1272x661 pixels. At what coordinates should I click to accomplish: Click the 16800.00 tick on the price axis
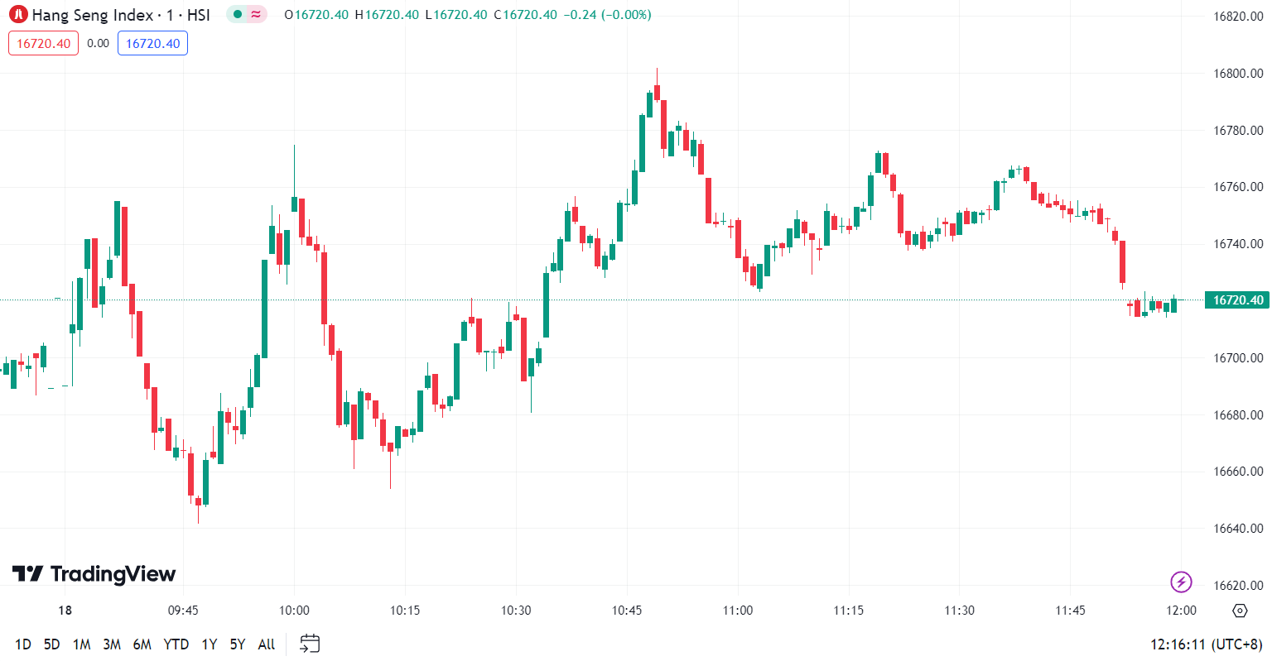click(1238, 74)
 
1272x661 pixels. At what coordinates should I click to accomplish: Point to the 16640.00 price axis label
click(1238, 529)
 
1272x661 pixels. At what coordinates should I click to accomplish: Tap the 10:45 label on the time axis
click(627, 611)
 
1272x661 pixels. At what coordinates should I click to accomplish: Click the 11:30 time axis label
click(960, 611)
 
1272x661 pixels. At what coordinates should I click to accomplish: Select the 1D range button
click(23, 644)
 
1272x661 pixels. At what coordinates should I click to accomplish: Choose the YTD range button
click(176, 644)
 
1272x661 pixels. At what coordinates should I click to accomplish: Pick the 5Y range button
click(238, 644)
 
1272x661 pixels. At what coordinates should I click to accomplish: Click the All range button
click(267, 644)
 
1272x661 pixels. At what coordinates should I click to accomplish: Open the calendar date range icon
click(310, 644)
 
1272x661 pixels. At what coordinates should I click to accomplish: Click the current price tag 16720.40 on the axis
click(1238, 300)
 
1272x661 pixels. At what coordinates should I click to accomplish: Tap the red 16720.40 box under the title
click(44, 44)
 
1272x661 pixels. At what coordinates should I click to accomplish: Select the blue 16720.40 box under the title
click(152, 44)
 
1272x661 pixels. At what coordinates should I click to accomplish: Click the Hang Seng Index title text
click(121, 15)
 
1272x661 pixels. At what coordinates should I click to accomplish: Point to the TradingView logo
click(94, 574)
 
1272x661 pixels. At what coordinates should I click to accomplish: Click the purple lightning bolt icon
click(1181, 582)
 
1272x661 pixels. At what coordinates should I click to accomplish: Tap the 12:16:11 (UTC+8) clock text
click(1206, 644)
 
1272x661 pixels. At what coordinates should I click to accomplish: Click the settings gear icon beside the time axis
click(1240, 611)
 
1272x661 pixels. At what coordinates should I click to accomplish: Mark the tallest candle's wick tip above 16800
click(657, 69)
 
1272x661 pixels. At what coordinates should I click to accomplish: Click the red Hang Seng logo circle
click(18, 15)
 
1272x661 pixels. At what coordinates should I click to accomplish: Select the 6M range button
click(142, 644)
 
